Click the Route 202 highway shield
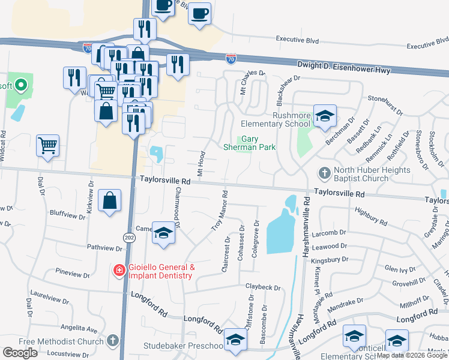coord(129,238)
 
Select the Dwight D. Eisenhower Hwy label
coord(344,67)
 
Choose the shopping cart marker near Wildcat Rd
coord(47,145)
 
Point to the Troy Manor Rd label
coord(220,211)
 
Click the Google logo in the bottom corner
coord(20,353)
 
